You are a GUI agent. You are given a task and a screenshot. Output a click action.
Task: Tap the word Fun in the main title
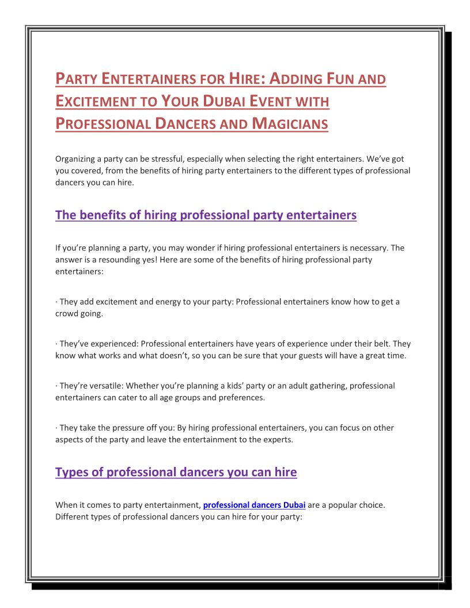[x=333, y=78]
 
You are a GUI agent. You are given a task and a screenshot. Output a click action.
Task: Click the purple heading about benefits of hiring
[x=206, y=215]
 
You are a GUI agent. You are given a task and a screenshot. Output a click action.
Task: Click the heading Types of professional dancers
[x=176, y=473]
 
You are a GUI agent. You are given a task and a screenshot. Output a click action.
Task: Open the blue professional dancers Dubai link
[x=254, y=505]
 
